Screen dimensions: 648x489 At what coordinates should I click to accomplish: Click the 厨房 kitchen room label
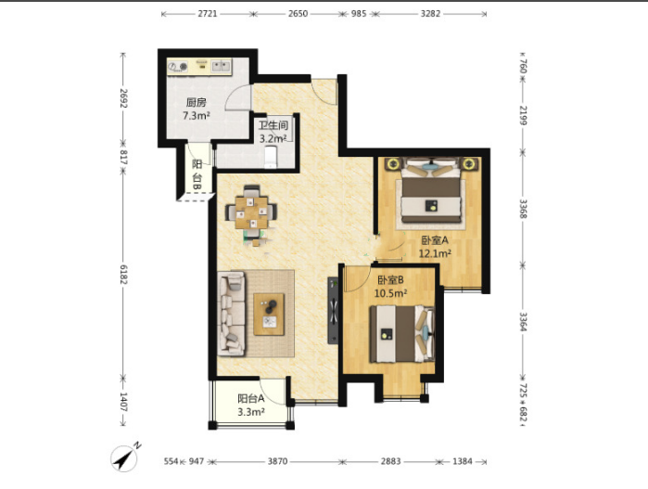point(196,102)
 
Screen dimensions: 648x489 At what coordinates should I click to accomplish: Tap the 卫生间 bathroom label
point(273,125)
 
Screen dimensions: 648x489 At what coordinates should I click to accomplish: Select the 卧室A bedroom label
point(435,240)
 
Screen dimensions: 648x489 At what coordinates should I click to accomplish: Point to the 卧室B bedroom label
point(390,280)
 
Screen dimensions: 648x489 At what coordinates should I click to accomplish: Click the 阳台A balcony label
point(251,398)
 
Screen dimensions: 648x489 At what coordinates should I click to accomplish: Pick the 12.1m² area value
point(435,253)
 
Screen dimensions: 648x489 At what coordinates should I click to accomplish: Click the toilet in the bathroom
point(271,157)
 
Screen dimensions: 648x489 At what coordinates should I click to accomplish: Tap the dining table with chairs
point(251,212)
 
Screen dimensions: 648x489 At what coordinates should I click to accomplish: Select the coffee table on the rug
point(269,314)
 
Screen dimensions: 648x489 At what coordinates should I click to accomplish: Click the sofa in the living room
point(231,314)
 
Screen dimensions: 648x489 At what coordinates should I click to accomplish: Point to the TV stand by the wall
point(333,310)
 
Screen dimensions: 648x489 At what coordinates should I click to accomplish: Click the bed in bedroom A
point(431,191)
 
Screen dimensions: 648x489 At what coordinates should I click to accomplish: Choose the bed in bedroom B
point(401,334)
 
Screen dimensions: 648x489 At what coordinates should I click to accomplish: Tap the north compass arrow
point(126,457)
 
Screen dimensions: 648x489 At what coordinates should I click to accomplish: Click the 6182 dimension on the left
point(123,275)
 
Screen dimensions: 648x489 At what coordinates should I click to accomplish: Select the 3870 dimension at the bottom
point(277,461)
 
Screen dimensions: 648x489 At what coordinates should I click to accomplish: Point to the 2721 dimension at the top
point(208,14)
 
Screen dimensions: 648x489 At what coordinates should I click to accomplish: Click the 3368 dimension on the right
point(523,209)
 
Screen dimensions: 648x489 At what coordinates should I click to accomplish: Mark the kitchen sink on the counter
point(221,66)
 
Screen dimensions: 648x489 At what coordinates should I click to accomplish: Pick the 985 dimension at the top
point(359,14)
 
